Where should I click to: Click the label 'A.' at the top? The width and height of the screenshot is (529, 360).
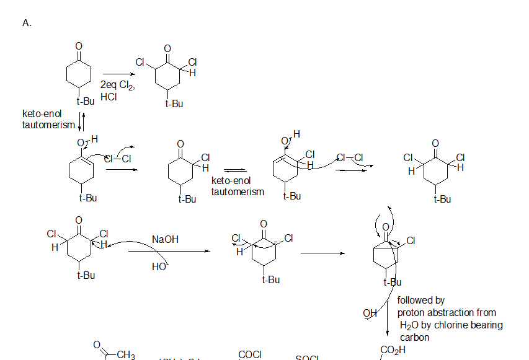point(27,23)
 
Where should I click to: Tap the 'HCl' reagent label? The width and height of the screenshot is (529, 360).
point(109,97)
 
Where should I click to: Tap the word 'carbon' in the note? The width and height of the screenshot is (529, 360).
point(415,337)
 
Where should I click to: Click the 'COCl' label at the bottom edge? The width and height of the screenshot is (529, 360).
point(250,354)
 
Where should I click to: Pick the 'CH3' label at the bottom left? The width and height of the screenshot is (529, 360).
point(126,354)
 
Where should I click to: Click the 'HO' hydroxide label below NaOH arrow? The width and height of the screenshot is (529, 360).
point(159,266)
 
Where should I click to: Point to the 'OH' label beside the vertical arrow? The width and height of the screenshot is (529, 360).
point(370,313)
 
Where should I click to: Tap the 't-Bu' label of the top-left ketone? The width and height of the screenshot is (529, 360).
point(86,100)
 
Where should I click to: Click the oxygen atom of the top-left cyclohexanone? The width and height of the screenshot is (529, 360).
point(79,46)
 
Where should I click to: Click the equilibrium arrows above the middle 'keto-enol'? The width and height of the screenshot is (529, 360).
point(235,170)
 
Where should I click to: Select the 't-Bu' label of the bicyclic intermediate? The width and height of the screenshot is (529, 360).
point(393,283)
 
